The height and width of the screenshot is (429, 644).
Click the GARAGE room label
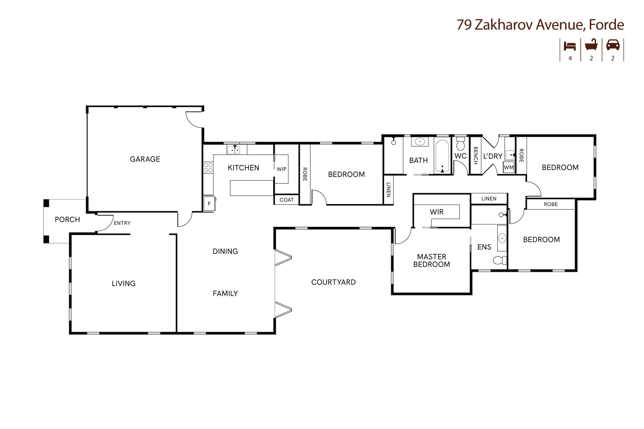coord(145,159)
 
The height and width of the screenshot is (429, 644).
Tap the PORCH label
coord(67,219)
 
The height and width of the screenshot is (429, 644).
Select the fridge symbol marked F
coord(209,204)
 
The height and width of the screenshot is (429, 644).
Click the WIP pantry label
coord(281,169)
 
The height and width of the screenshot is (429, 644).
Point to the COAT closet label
coord(286,200)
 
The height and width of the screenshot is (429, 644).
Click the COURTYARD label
coord(333,282)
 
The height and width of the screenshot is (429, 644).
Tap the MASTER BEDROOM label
coord(431,261)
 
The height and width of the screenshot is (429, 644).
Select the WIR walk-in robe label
coord(436,212)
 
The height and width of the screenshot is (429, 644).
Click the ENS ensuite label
coord(484,247)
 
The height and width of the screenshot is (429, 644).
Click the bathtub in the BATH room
coord(442,156)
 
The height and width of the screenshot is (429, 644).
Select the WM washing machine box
coord(508,168)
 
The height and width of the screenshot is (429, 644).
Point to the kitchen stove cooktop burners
coord(208,168)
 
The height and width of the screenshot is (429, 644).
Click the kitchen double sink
coord(234,150)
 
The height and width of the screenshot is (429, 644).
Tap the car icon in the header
coord(613,45)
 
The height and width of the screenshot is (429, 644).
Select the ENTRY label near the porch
coord(122,223)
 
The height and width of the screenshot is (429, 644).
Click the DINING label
coord(225,251)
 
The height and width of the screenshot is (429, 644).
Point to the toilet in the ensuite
coord(500,261)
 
